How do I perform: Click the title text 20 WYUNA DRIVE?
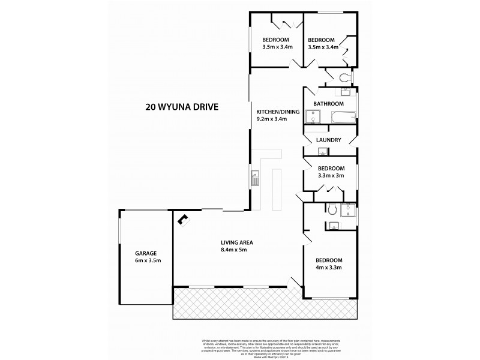click(181, 109)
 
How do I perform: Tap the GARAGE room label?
click(146, 253)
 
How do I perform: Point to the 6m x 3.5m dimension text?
click(146, 261)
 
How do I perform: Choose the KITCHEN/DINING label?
click(274, 112)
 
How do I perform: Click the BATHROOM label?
click(328, 103)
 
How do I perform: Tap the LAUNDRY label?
click(329, 140)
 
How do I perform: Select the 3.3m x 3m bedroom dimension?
click(331, 176)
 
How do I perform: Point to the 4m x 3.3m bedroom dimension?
click(329, 268)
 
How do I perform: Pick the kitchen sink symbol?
click(254, 178)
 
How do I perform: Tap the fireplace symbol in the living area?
click(182, 220)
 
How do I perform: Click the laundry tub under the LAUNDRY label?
click(322, 152)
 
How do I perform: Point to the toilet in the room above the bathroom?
click(344, 77)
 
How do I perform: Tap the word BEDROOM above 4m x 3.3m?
click(329, 259)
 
